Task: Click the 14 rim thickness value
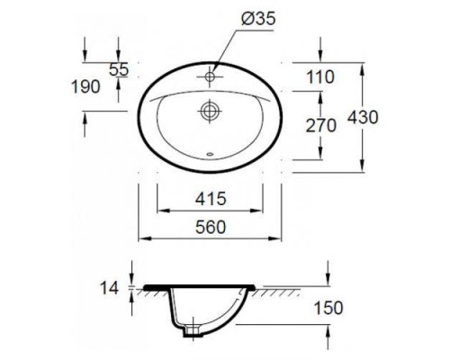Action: (110, 289)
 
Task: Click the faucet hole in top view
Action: (209, 76)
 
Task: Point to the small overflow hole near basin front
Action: (209, 154)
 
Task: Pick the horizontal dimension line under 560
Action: (209, 239)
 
